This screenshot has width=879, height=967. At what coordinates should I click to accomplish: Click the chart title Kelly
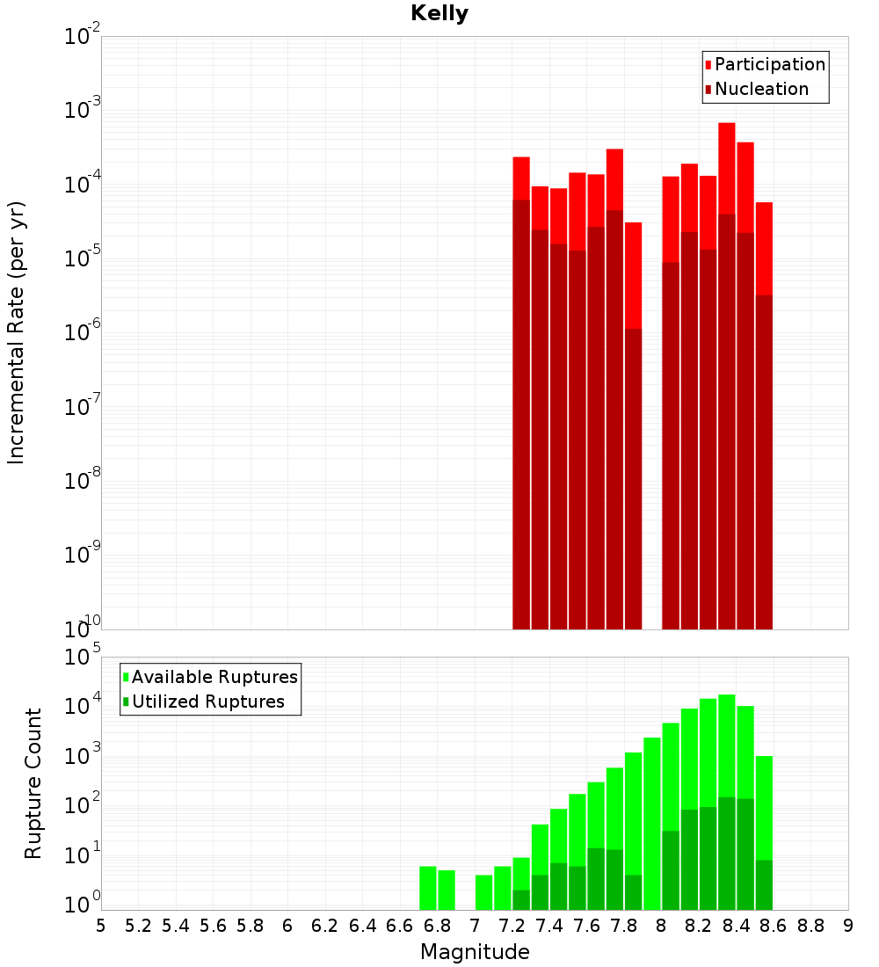point(439,14)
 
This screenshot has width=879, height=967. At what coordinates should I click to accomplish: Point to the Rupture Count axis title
point(33,783)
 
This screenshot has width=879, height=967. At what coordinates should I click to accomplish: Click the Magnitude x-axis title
point(475,951)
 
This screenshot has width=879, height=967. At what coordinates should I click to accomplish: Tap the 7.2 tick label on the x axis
point(512,926)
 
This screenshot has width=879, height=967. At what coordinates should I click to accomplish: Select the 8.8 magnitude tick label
point(811,926)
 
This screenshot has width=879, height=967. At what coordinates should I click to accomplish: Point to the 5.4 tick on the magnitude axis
point(176,926)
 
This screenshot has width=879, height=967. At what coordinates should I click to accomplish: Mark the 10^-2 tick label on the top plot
point(82,36)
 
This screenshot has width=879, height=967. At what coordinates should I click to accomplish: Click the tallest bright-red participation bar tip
point(727,124)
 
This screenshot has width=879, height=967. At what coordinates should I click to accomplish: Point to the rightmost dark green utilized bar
point(764,884)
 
